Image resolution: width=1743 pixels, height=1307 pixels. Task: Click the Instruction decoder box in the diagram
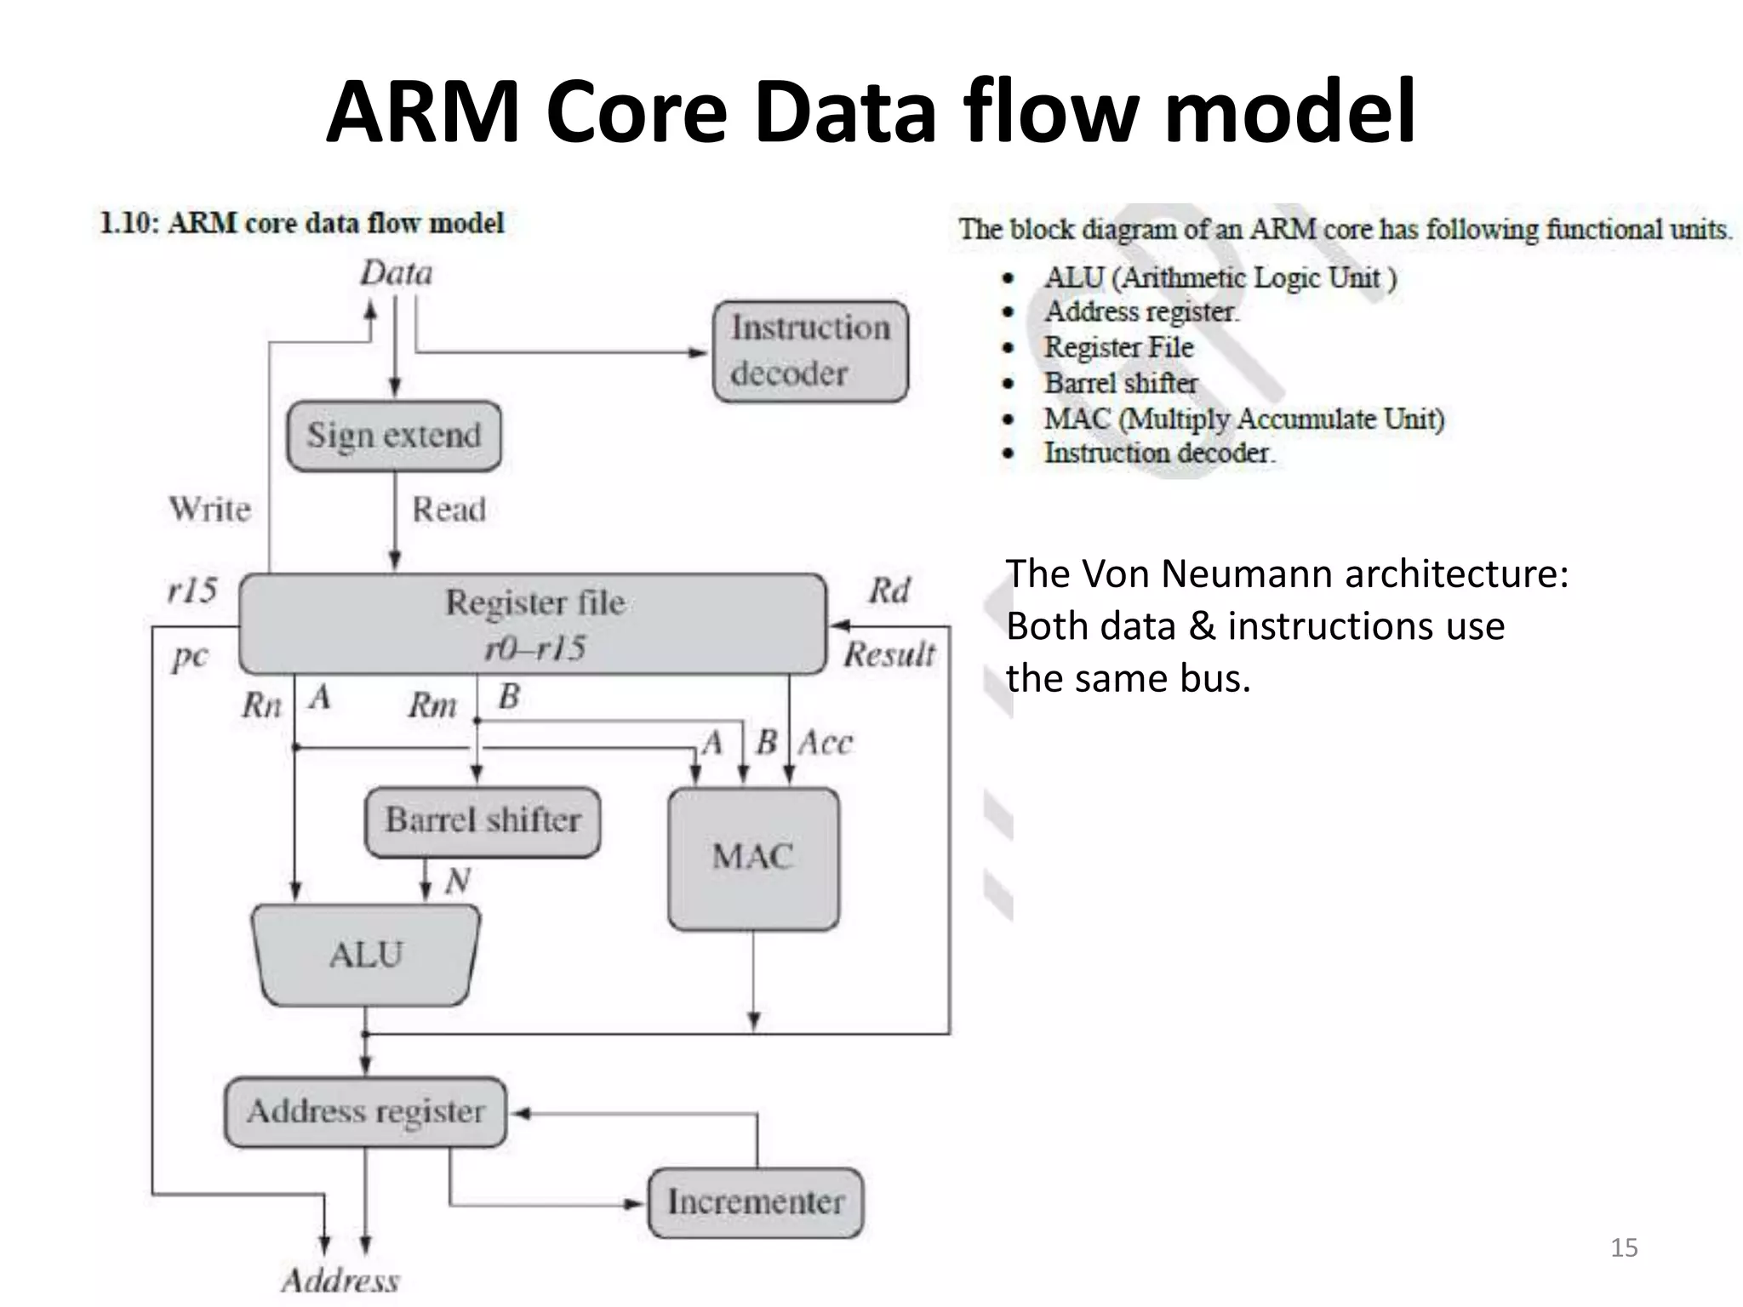coord(810,351)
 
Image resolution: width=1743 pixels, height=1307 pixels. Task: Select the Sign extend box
coord(394,436)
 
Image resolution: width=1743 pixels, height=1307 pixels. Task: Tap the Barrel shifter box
coord(483,820)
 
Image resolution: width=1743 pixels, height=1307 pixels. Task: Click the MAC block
coord(753,858)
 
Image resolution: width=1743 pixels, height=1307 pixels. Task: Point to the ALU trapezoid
coord(366,954)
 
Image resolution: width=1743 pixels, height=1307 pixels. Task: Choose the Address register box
coord(366,1111)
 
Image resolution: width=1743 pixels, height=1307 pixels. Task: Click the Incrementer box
coord(756,1201)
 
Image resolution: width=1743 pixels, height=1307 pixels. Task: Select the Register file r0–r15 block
coord(534,625)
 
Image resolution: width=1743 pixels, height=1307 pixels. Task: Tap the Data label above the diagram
coord(396,274)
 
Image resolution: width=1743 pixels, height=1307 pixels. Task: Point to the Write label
coord(210,510)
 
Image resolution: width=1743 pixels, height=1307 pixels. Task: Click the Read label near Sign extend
coord(449,510)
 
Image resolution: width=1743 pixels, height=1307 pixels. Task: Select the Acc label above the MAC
coord(826,743)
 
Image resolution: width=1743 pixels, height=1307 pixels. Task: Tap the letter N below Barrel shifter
coord(457,881)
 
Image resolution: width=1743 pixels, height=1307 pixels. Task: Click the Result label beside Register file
coord(889,654)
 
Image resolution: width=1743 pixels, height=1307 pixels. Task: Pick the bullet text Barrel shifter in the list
coord(1121,383)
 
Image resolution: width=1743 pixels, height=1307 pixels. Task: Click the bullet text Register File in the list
coord(1118,347)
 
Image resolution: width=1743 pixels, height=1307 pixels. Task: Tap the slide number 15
coord(1624,1247)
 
